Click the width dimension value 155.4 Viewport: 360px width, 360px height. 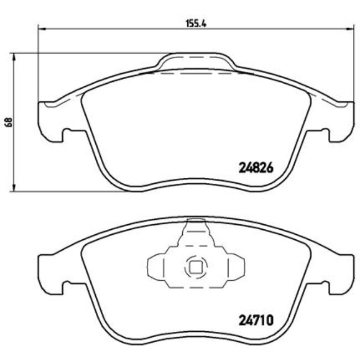click(x=192, y=24)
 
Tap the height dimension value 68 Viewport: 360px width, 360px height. click(x=8, y=123)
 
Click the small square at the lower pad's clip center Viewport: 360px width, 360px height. click(x=195, y=267)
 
